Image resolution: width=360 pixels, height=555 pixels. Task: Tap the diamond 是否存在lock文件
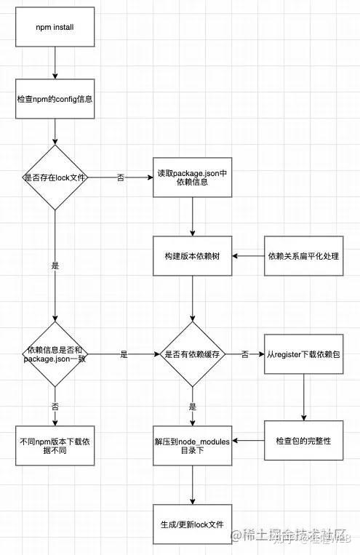(x=55, y=177)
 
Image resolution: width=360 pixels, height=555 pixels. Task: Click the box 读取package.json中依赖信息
(x=192, y=177)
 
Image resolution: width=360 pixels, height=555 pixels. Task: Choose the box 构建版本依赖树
(x=192, y=257)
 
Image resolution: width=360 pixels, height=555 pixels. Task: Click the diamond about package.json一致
(x=55, y=354)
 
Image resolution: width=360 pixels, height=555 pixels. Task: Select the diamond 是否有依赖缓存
(x=192, y=354)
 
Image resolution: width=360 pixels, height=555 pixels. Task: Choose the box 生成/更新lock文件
(x=192, y=524)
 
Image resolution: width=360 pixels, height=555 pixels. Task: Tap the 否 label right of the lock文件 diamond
(x=119, y=177)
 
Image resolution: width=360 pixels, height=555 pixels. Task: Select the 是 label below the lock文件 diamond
(x=55, y=266)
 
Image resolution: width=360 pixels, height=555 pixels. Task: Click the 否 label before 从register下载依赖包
(x=245, y=354)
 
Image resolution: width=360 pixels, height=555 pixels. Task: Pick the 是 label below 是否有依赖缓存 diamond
(x=192, y=407)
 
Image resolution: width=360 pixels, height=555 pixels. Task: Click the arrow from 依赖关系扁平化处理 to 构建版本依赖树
(x=248, y=257)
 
